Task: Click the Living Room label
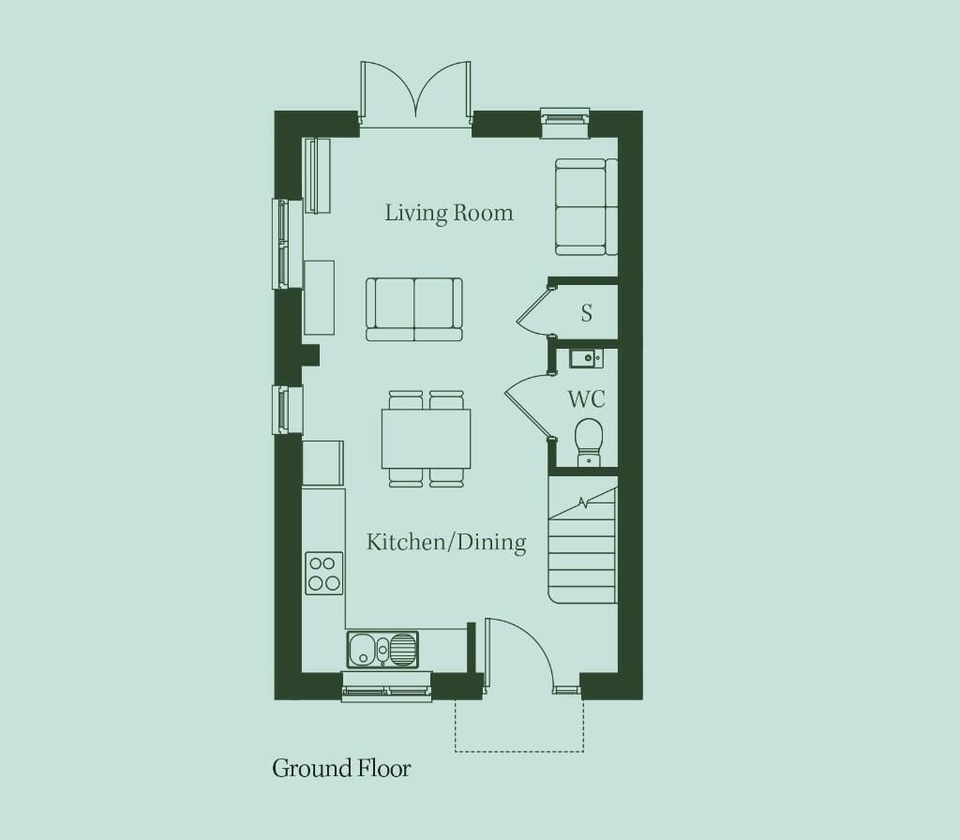449,213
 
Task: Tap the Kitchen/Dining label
446,542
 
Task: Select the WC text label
587,399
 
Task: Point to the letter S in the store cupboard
587,313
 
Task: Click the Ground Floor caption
341,768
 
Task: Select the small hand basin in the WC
586,358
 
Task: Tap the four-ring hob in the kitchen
324,573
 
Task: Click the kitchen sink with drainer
382,650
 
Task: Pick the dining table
427,439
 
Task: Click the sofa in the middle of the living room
414,309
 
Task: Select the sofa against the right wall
586,206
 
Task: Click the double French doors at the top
415,92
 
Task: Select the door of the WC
525,407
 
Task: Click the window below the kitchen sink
387,687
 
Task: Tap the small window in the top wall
564,123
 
